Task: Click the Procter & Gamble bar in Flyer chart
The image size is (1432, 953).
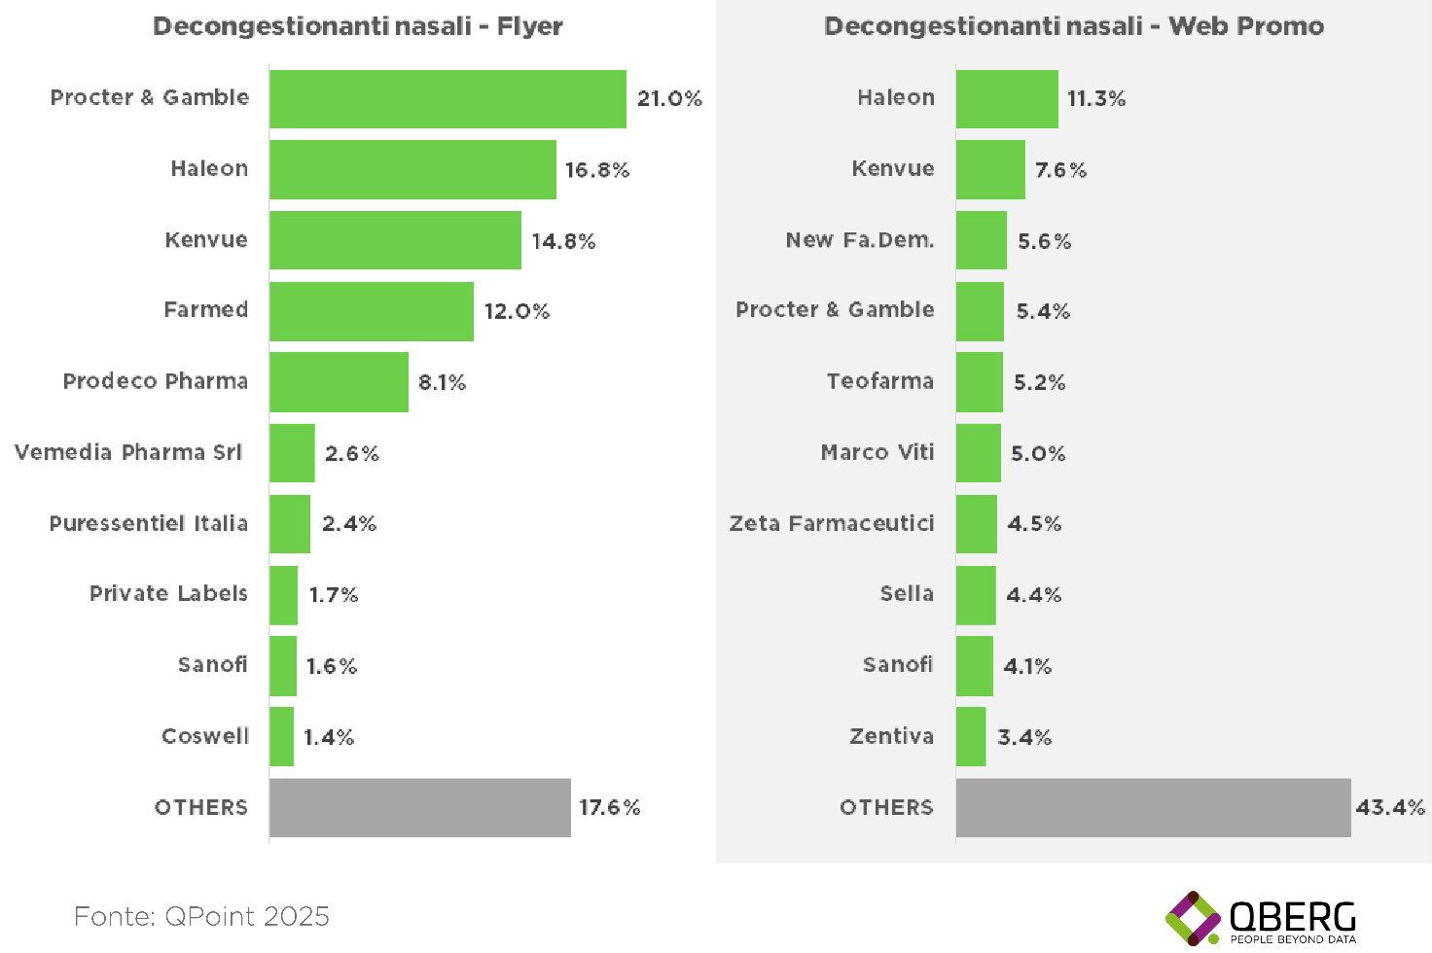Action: [x=447, y=98]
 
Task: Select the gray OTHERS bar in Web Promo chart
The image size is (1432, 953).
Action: [x=1153, y=807]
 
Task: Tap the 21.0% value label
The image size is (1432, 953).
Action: [x=669, y=98]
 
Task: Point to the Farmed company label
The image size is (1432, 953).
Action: [x=205, y=310]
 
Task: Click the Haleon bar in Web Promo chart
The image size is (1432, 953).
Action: [x=1007, y=98]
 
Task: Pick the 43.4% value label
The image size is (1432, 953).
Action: [x=1390, y=807]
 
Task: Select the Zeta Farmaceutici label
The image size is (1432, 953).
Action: [x=832, y=524]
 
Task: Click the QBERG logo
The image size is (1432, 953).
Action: [x=1262, y=918]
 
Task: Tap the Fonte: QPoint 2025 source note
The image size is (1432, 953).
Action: [x=202, y=916]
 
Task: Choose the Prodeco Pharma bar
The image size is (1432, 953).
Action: [x=339, y=382]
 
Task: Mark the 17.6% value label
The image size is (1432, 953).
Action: [x=610, y=807]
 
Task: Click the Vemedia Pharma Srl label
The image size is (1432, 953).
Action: [x=128, y=453]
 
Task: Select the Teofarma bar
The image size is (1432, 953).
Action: [x=979, y=382]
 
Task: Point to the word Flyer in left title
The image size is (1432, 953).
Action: [x=529, y=26]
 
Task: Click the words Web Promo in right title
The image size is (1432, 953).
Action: [x=1246, y=26]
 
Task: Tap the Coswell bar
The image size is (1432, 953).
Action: [x=281, y=736]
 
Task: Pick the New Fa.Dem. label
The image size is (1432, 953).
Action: [x=860, y=240]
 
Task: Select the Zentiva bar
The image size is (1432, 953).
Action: [x=971, y=736]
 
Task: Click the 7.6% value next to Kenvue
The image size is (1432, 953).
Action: [x=1060, y=170]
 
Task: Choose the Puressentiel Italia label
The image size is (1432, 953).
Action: [x=149, y=524]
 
